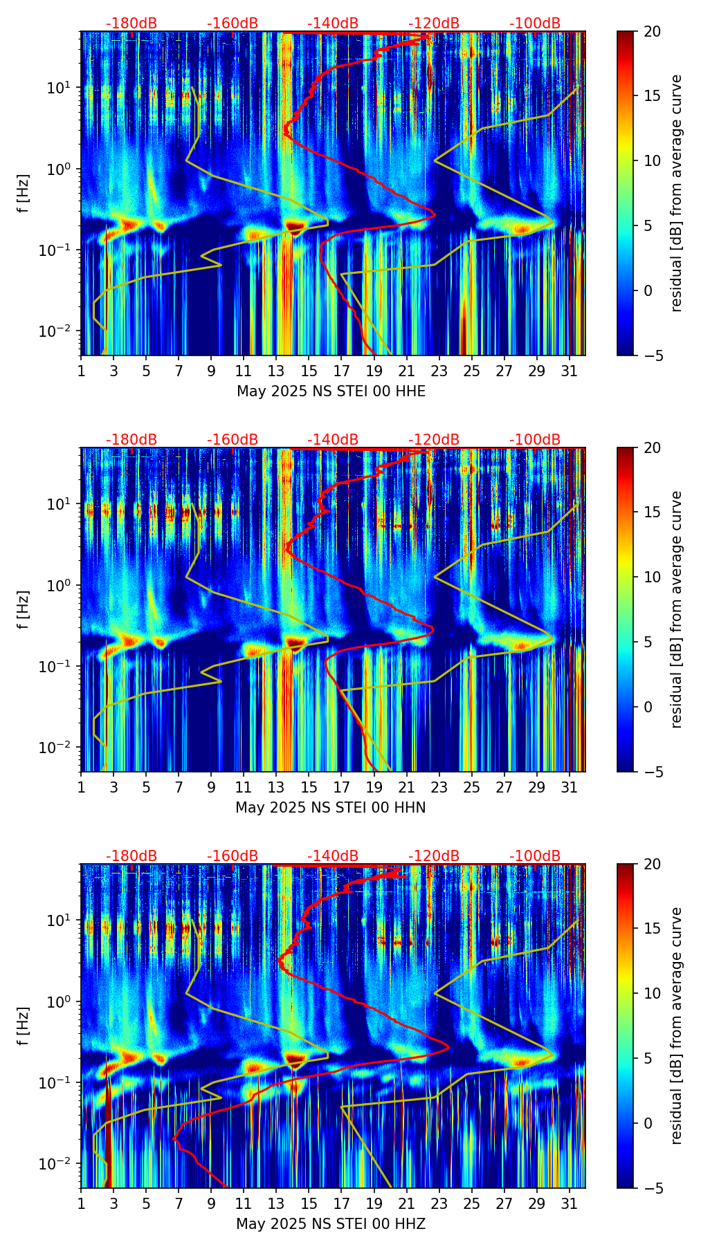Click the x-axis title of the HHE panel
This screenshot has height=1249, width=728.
[x=331, y=391]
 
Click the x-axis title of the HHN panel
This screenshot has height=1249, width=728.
[x=331, y=808]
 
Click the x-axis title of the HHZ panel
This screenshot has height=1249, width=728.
[x=331, y=1224]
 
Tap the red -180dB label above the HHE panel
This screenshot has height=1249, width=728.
[x=131, y=24]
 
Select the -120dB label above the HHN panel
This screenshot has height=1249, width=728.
[x=434, y=440]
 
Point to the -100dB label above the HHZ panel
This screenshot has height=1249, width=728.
[x=535, y=856]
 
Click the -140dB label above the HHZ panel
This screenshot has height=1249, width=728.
[x=333, y=856]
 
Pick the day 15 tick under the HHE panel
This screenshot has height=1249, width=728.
[x=309, y=371]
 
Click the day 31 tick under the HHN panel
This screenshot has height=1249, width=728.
[x=569, y=788]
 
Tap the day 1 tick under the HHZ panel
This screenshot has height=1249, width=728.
[x=81, y=1204]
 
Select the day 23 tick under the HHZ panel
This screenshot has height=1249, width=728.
[x=439, y=1204]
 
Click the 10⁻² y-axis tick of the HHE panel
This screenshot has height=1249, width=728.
[x=62, y=331]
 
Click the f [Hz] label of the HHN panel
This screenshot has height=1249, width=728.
[x=24, y=609]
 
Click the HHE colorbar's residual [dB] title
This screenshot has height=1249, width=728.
[x=677, y=193]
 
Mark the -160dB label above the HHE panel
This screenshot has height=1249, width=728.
[x=233, y=24]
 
